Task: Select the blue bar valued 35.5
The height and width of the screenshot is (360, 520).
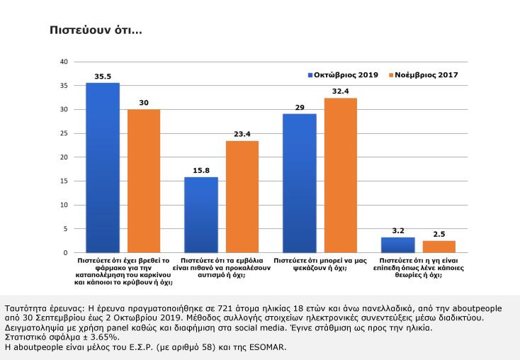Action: tap(103, 167)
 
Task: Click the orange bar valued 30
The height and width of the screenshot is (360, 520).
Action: tap(144, 181)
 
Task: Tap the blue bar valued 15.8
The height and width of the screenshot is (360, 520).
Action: tap(201, 215)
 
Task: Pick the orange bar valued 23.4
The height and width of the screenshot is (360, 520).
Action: tap(242, 196)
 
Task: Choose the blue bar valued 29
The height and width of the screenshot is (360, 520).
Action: tap(300, 183)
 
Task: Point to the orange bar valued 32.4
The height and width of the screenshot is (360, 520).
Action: tap(341, 175)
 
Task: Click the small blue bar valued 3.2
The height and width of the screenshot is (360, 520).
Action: tap(398, 244)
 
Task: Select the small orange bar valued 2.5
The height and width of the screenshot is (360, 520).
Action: tap(439, 247)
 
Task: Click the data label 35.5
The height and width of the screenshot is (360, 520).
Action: tap(103, 77)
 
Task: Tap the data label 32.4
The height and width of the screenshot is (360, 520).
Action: tap(341, 91)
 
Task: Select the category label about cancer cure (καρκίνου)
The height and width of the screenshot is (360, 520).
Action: tap(123, 271)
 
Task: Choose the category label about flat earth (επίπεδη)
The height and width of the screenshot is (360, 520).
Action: tap(419, 266)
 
